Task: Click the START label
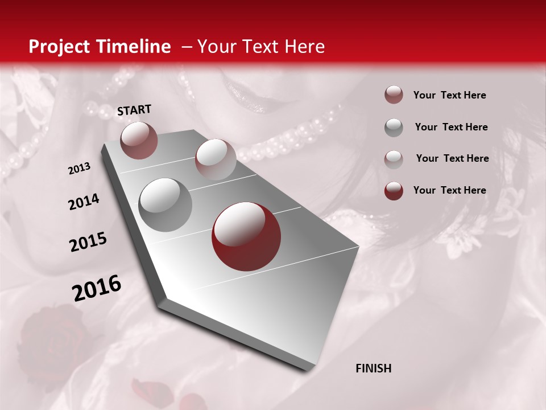(x=134, y=110)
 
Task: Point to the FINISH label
(x=373, y=368)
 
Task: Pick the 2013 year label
(x=79, y=169)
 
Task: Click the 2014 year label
(x=84, y=202)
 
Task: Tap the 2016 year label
(x=97, y=289)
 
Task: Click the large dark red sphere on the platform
(x=246, y=236)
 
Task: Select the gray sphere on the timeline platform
(x=166, y=205)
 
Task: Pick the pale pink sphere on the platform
(x=216, y=159)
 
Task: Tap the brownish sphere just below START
(x=139, y=140)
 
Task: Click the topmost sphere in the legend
(x=394, y=95)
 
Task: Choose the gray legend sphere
(x=394, y=127)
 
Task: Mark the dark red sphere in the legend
(x=394, y=190)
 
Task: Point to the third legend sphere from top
(x=394, y=159)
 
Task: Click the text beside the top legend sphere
(x=449, y=95)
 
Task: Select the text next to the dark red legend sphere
(x=449, y=190)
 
